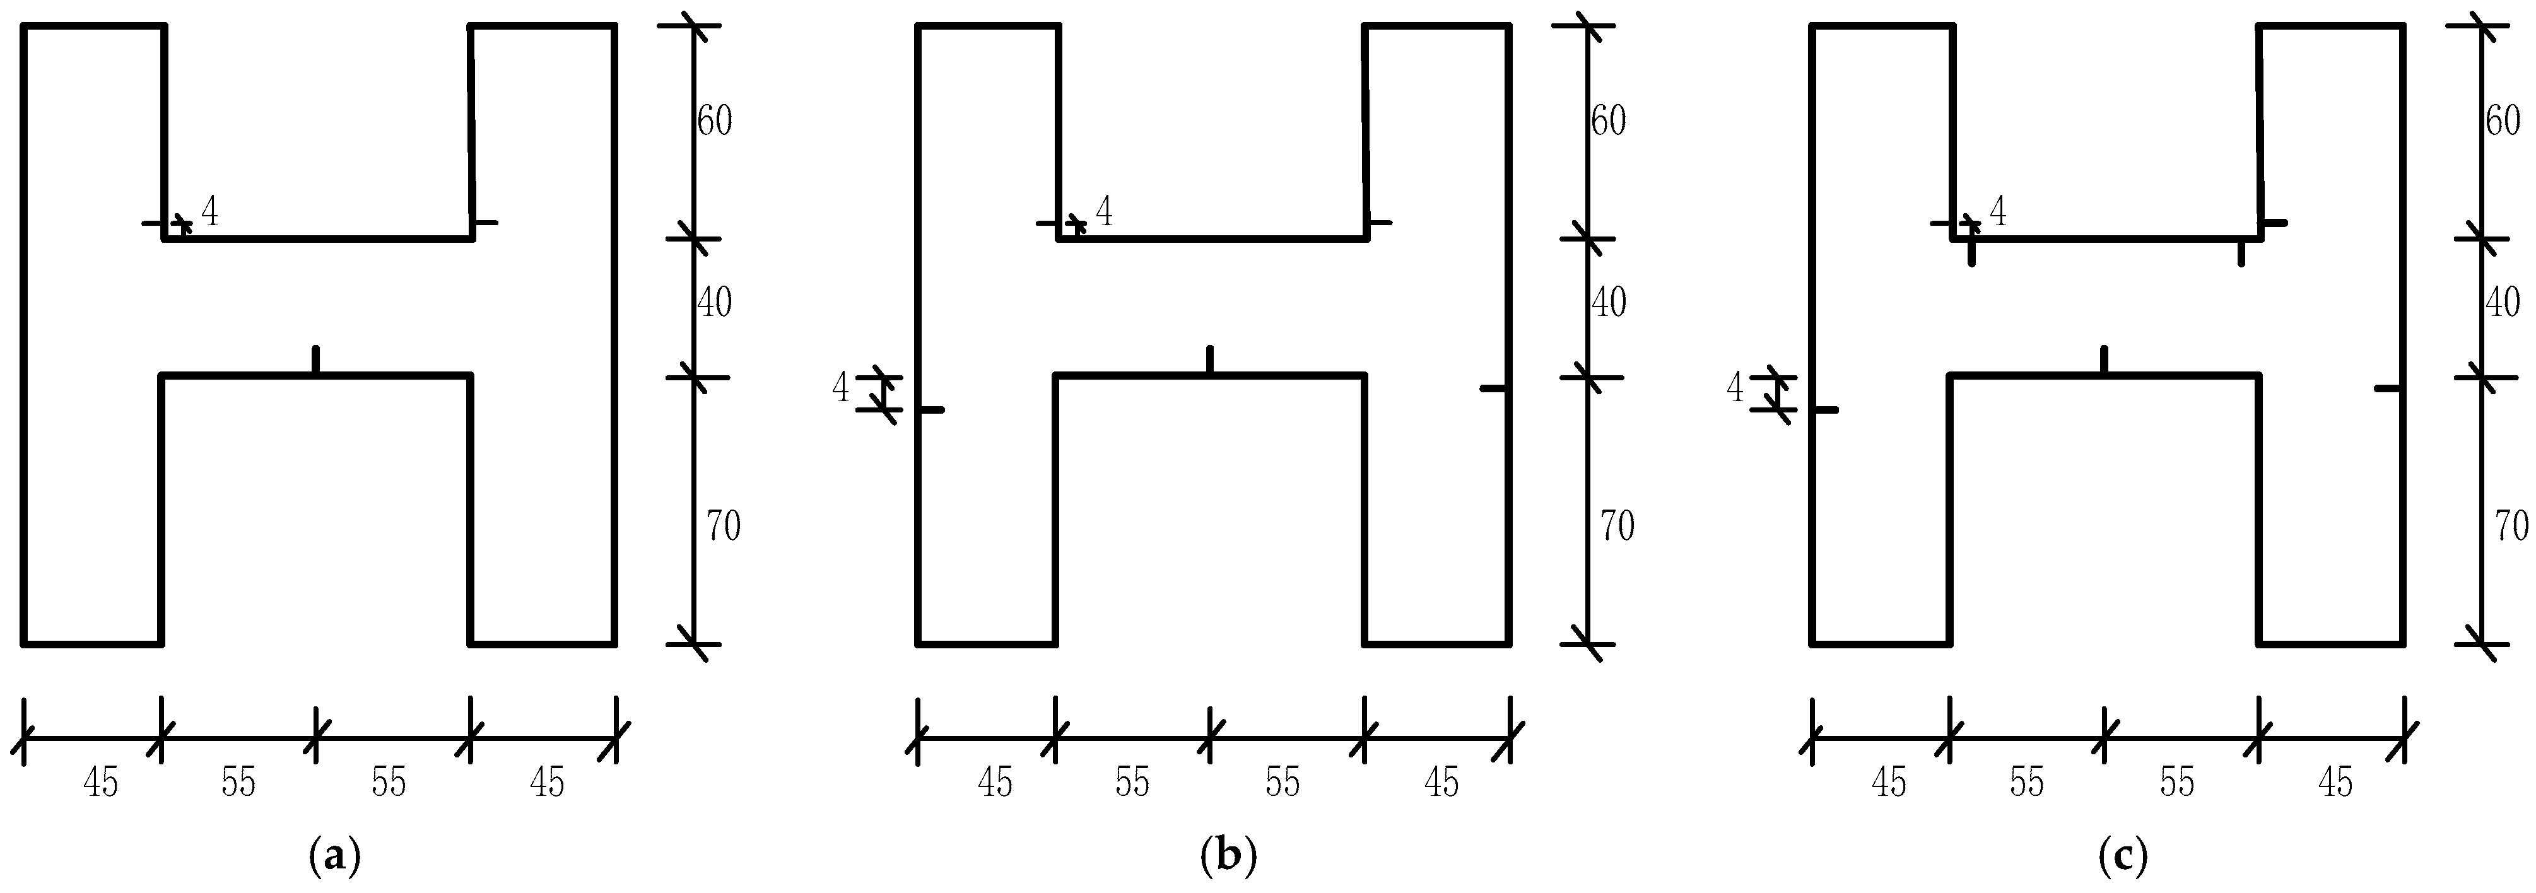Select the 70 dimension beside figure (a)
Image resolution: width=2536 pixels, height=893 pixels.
pyautogui.click(x=722, y=527)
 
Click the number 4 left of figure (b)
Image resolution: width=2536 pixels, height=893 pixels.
pyautogui.click(x=840, y=389)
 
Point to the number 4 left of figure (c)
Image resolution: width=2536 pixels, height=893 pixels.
pyautogui.click(x=1735, y=389)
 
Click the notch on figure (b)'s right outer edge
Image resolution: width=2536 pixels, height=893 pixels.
pyautogui.click(x=1494, y=389)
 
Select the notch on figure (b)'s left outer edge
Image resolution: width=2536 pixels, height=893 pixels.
pyautogui.click(x=931, y=409)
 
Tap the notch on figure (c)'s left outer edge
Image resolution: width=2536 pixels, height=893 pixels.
pyautogui.click(x=1825, y=409)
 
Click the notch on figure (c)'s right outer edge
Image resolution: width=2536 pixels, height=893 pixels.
pyautogui.click(x=2388, y=389)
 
